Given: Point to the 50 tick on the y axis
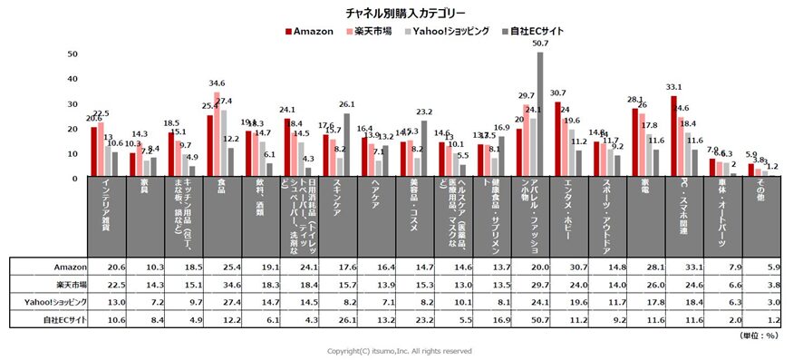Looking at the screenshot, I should (x=73, y=54).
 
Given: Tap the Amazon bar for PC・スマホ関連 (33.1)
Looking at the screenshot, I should (x=673, y=134).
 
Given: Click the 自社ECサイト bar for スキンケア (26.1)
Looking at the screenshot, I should (x=345, y=143).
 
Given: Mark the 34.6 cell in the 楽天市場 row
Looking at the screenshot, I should (x=217, y=286).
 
